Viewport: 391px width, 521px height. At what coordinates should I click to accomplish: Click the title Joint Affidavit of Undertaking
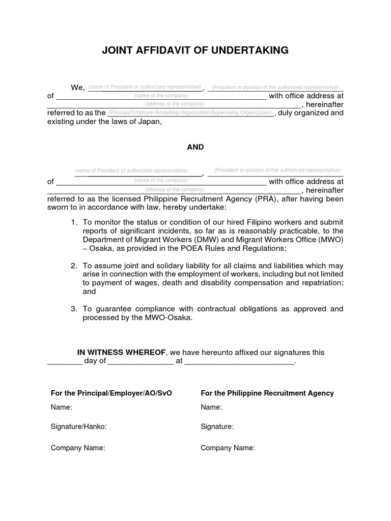195,50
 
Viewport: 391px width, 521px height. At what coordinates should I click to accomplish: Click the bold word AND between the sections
195,147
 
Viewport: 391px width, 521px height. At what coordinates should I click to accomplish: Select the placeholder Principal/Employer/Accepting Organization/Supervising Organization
190,112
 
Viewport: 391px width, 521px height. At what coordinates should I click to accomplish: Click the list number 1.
74,222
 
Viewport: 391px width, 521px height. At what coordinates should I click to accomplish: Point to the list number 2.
74,266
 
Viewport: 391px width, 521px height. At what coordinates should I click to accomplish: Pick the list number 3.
74,309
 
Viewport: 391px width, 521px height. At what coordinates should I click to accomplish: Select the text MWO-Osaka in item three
173,317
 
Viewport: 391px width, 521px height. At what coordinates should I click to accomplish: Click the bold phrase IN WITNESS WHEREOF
121,352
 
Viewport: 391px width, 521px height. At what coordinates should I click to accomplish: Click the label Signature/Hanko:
78,427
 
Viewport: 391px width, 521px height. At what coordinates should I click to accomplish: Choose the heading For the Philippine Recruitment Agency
267,393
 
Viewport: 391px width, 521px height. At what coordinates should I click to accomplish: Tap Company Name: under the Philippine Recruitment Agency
228,448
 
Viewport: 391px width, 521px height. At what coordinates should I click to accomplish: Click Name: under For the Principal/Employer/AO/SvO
61,407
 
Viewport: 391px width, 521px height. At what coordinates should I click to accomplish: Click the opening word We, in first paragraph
77,88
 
